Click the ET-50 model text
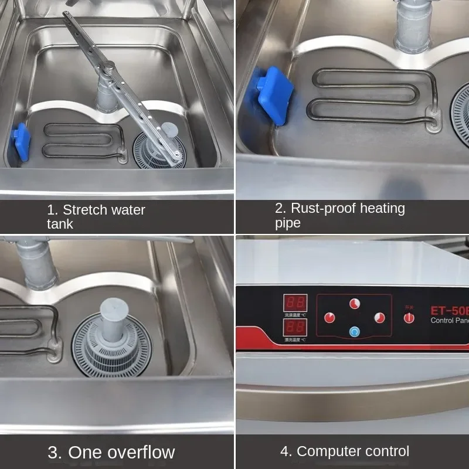coord(449,310)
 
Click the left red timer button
coord(329,317)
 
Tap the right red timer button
coord(379,317)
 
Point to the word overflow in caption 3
coord(138,452)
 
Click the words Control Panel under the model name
coord(449,320)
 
